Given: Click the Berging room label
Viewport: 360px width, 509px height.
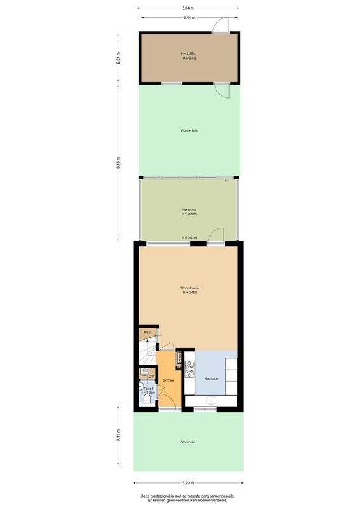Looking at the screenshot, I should [188, 58].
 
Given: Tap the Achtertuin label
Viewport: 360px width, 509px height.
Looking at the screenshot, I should [190, 131].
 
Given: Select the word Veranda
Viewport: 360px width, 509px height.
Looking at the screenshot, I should [188, 209].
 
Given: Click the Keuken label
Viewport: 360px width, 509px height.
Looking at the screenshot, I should [211, 379].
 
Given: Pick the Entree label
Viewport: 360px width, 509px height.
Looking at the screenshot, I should [168, 380].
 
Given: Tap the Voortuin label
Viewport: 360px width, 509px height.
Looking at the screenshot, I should [188, 442].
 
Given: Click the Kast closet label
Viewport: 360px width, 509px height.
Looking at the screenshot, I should [147, 333].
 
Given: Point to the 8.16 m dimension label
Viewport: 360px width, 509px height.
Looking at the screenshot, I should [118, 162].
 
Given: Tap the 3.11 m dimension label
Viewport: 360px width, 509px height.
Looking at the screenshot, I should [118, 439].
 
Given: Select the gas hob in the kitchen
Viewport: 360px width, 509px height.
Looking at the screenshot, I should [189, 365].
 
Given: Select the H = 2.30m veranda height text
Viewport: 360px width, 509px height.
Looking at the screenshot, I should [188, 214].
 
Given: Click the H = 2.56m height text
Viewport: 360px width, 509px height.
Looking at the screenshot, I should [188, 53].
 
